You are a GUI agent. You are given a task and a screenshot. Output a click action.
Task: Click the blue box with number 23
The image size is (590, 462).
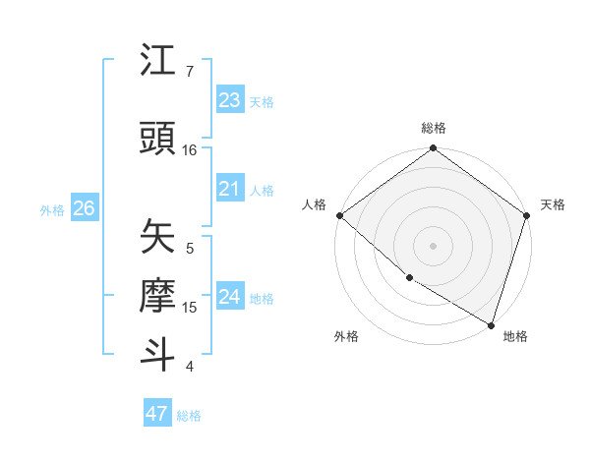pyautogui.click(x=230, y=100)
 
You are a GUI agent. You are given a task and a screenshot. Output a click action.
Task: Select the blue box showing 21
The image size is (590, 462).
pyautogui.click(x=230, y=189)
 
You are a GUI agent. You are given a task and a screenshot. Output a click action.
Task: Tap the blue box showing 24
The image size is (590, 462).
pyautogui.click(x=230, y=297)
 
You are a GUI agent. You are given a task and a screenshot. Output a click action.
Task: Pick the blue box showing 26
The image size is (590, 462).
pyautogui.click(x=85, y=208)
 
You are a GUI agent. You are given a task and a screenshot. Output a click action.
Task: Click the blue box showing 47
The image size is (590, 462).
pyautogui.click(x=157, y=414)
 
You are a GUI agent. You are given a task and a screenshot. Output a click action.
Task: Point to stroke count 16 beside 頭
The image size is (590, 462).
pyautogui.click(x=190, y=150)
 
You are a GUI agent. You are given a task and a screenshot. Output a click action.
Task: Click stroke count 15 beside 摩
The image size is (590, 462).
pyautogui.click(x=190, y=308)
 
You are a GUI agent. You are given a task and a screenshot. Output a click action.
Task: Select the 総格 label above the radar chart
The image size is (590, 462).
pyautogui.click(x=434, y=128)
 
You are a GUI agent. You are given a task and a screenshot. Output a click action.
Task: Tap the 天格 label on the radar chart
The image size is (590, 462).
pyautogui.click(x=553, y=204)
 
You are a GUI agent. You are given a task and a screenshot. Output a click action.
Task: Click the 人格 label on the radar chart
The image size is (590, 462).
pyautogui.click(x=314, y=204)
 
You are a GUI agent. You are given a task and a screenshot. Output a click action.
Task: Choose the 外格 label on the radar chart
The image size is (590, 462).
pyautogui.click(x=345, y=337)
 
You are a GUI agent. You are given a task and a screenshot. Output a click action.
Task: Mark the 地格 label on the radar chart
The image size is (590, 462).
pyautogui.click(x=515, y=337)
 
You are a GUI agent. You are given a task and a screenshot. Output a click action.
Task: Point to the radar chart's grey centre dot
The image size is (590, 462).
pyautogui.click(x=434, y=245)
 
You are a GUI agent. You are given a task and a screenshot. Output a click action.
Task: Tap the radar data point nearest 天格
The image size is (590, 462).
pyautogui.click(x=527, y=215)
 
